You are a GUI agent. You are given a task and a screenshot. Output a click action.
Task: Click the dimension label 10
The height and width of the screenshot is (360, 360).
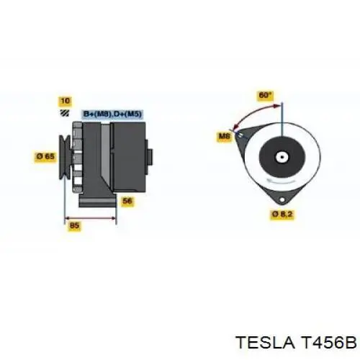(66, 101)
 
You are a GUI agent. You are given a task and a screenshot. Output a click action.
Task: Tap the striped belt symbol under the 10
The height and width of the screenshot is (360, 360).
(65, 113)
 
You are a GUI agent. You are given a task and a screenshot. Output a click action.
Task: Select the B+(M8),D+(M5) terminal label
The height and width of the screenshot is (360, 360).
(112, 114)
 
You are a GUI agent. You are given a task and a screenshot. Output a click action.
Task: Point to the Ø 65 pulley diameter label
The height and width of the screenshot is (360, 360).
(45, 157)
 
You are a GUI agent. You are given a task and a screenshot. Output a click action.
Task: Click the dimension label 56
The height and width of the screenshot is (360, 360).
(127, 201)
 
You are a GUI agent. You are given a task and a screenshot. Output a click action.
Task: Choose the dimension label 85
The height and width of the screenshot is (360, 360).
(74, 225)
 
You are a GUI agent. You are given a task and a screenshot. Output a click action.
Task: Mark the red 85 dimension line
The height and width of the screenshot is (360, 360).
(91, 218)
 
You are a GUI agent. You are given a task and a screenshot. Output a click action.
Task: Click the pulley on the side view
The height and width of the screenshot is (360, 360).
(65, 157)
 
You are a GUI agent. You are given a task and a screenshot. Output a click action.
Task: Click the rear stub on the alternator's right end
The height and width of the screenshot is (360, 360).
(150, 157)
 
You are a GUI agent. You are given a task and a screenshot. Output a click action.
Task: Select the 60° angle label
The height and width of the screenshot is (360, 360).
(265, 96)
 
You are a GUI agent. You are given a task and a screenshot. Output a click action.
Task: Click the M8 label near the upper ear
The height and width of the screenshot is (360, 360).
(224, 137)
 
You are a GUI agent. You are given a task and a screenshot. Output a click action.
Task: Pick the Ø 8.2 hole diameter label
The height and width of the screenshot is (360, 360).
(282, 214)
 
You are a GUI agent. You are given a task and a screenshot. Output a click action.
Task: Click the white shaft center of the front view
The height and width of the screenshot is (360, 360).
(282, 158)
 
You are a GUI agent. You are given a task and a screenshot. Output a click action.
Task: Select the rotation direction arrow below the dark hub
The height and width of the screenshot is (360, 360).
(282, 181)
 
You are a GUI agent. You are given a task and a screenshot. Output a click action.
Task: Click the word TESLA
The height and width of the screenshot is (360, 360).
(265, 342)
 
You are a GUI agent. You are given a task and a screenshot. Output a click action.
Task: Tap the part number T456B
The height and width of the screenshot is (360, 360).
(327, 342)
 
